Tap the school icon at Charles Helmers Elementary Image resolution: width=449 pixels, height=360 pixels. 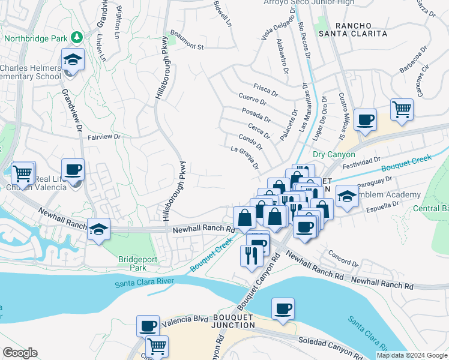pos(73,60)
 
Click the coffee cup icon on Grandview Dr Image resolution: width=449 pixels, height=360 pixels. pos(73,170)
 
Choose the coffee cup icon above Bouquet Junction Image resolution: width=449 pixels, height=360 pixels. pos(283,309)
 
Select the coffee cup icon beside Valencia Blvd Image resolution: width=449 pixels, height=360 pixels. pos(148,326)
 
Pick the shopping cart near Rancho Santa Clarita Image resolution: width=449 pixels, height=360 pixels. pos(402,110)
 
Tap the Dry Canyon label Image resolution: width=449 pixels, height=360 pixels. pos(334,154)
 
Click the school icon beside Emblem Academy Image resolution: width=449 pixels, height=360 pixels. pos(347,196)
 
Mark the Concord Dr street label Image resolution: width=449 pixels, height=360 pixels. pos(343,259)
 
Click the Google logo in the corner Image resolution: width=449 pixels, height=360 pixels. pos(20,353)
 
